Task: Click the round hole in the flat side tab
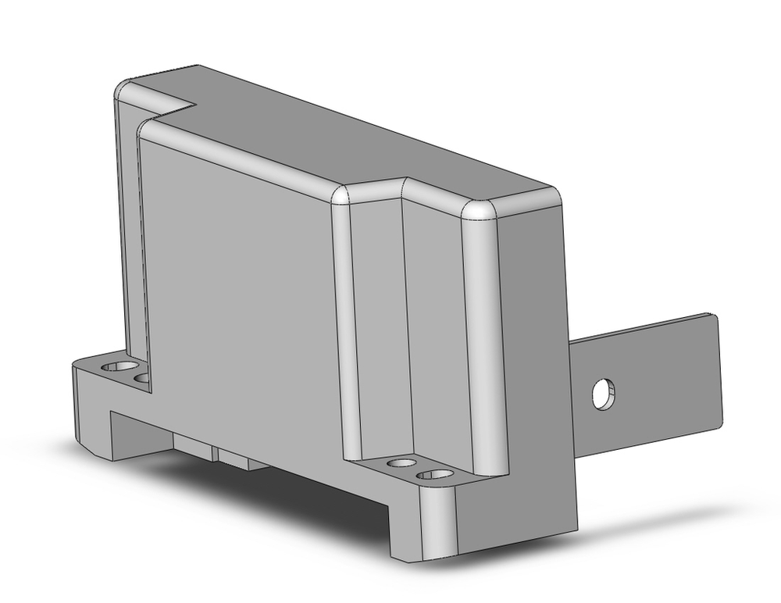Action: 603,393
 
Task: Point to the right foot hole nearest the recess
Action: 402,463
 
